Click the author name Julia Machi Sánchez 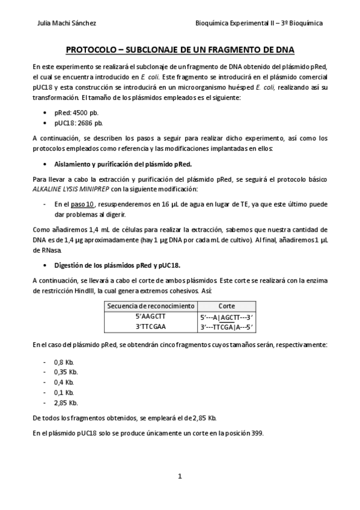click(x=67, y=23)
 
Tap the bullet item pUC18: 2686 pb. click(x=78, y=123)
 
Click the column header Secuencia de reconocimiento click(x=151, y=306)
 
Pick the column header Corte click(x=227, y=306)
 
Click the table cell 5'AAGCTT click(x=151, y=316)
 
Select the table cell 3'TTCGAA click(x=151, y=327)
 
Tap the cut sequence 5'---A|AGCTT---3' click(x=227, y=316)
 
